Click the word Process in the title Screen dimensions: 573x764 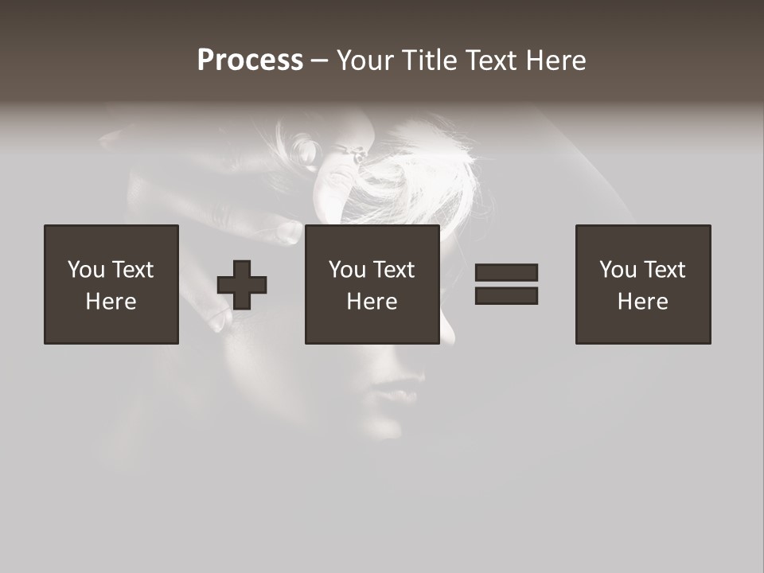click(250, 60)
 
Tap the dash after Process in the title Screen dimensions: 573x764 click(320, 60)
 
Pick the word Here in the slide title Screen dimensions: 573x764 click(555, 60)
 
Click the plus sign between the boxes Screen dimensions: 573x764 click(242, 284)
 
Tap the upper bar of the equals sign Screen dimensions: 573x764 click(506, 273)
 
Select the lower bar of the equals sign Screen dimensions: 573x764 click(506, 295)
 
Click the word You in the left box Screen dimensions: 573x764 click(85, 270)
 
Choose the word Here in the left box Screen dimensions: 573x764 click(111, 302)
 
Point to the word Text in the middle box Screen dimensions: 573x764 click(395, 270)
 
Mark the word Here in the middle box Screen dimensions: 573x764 click(372, 302)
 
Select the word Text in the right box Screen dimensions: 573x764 click(665, 270)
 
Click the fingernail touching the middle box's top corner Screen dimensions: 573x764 click(290, 231)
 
